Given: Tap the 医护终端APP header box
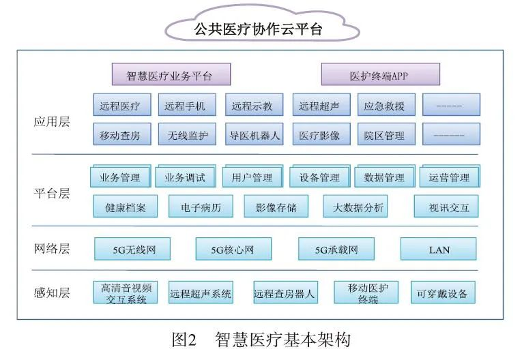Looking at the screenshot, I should point(379,74).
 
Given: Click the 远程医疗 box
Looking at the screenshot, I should point(119,106).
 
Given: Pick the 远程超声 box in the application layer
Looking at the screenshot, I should point(319,106).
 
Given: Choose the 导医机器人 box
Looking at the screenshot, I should point(252,135).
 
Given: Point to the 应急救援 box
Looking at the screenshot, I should point(384,106).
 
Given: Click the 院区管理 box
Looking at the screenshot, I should point(384,135).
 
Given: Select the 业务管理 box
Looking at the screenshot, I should point(119,177).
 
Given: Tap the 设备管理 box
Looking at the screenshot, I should point(319,177).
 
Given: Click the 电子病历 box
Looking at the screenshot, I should point(200,207).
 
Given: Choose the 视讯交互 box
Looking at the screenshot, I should point(448,207).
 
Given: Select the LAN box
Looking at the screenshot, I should point(439,250).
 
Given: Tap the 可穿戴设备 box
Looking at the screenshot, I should point(442,294).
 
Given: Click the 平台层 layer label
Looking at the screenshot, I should point(51,194).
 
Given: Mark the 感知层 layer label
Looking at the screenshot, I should point(51,294).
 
